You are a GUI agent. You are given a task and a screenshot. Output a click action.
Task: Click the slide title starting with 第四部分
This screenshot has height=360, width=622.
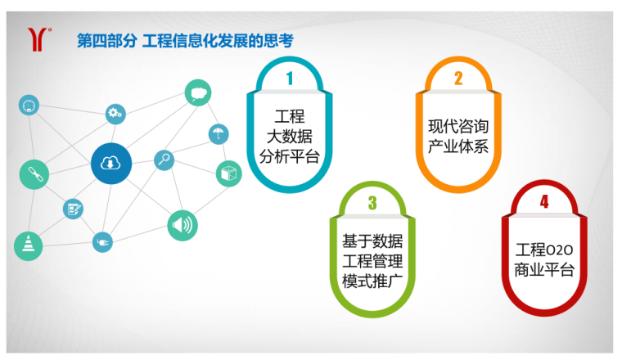[184, 40]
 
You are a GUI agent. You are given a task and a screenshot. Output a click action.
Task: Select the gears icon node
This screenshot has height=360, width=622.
[115, 114]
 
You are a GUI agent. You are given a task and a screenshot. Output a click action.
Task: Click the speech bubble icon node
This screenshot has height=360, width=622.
[197, 92]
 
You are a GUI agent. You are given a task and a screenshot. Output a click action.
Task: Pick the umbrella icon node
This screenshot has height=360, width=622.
[219, 134]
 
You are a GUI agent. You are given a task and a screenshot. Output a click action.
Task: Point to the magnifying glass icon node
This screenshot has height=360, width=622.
[165, 160]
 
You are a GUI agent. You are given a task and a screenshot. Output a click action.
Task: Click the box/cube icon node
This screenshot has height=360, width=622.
[228, 173]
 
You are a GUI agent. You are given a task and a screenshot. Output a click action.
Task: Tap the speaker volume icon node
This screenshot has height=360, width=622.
[183, 225]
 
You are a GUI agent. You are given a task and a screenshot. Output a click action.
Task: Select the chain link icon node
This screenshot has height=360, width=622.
[34, 173]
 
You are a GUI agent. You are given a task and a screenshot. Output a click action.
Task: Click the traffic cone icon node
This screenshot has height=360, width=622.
[29, 245]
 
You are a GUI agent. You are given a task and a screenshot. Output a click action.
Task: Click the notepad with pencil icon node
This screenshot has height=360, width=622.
[74, 209]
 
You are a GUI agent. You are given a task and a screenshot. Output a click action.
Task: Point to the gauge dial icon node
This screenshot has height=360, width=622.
[29, 105]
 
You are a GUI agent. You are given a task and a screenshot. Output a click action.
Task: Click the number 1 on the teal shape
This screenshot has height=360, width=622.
[289, 79]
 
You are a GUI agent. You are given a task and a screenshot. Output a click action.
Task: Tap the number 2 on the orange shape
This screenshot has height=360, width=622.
[458, 79]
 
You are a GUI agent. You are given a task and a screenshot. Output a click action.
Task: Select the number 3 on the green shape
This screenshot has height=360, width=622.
[372, 203]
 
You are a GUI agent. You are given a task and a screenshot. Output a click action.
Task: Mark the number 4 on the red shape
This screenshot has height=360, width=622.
[544, 201]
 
